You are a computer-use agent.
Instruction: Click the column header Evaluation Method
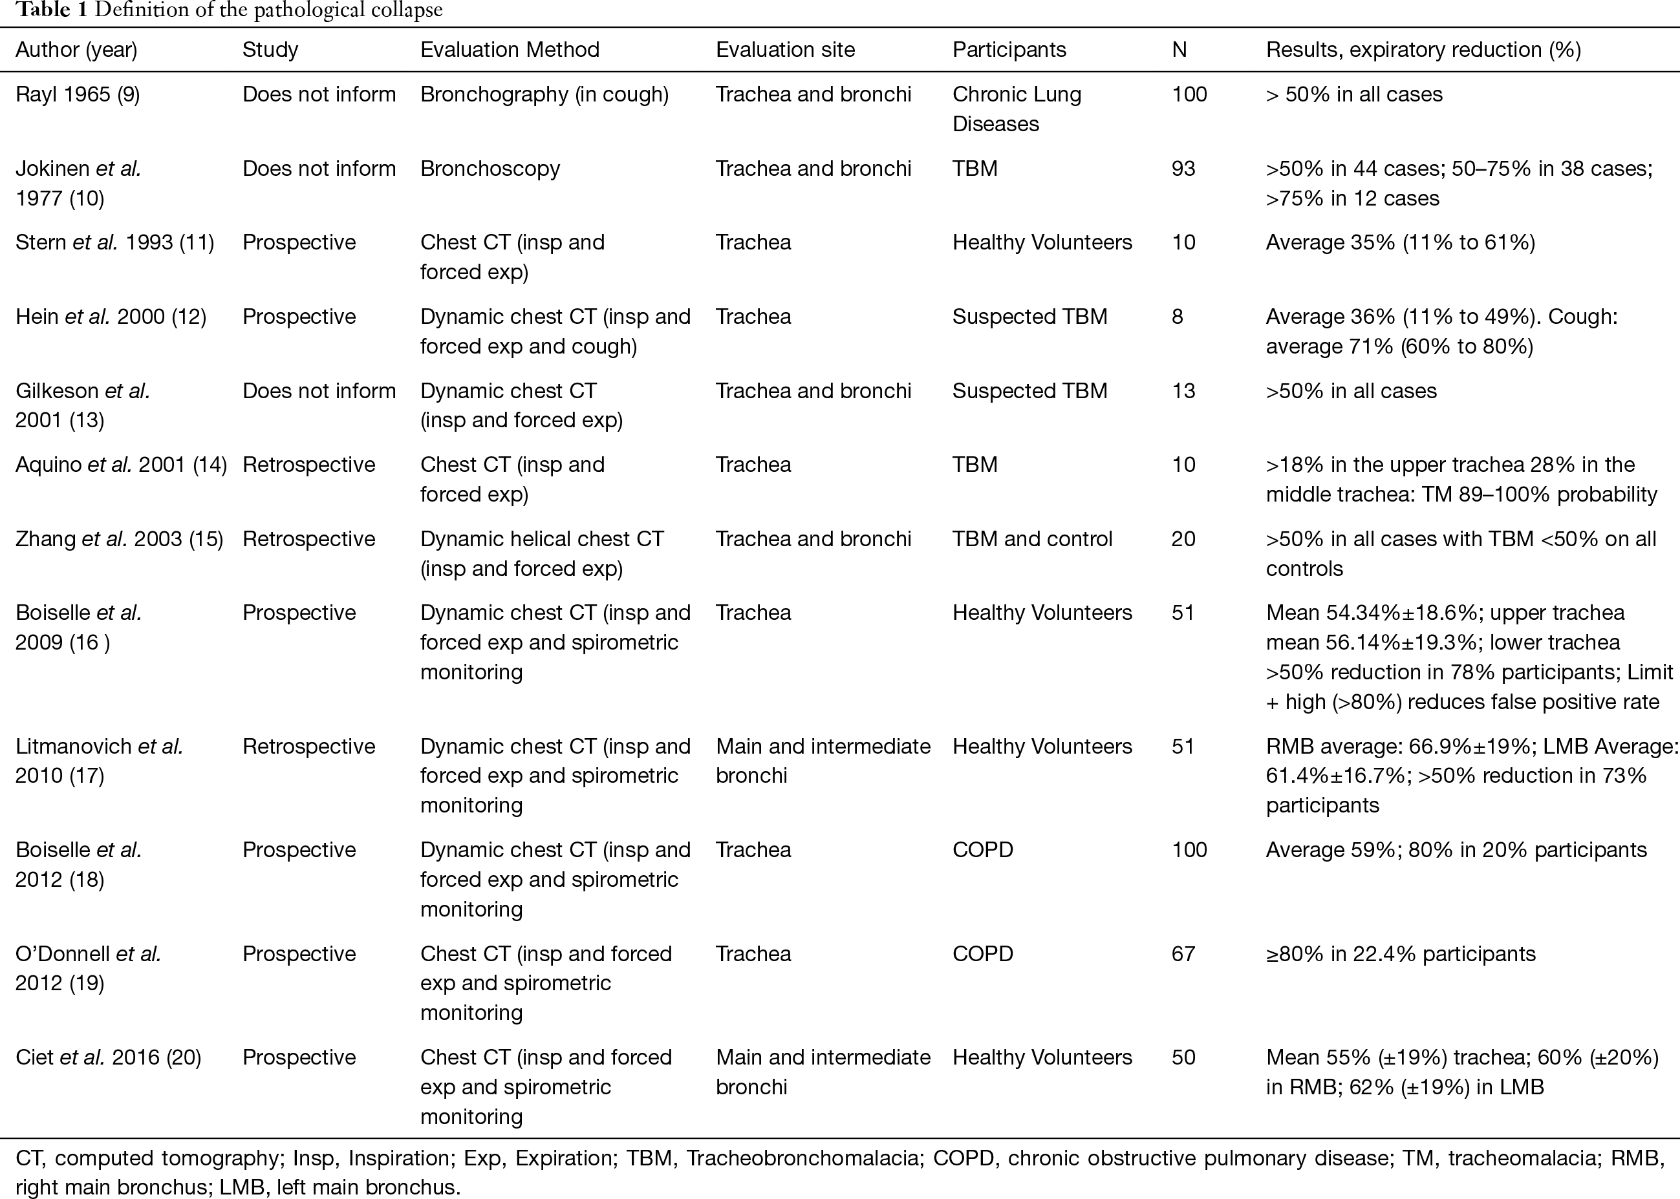point(510,50)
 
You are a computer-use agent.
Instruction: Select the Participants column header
point(1009,50)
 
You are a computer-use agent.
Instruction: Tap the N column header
point(1179,50)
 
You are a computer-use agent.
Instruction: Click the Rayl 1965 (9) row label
point(78,94)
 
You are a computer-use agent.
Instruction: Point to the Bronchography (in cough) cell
point(544,94)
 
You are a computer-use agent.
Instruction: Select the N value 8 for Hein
point(1177,317)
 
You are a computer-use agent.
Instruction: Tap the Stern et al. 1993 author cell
point(114,242)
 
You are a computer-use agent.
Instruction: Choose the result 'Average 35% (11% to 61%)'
point(1400,242)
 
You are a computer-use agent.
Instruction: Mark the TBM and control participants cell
point(1031,539)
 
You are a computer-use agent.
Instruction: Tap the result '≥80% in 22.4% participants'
point(1400,954)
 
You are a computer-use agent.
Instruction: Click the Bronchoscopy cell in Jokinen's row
point(490,169)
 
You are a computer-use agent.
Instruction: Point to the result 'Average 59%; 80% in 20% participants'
point(1456,850)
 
